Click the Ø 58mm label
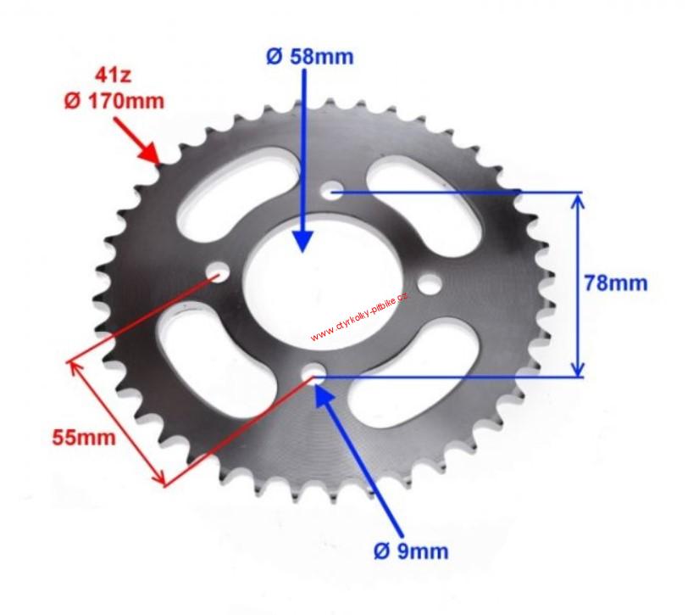coord(310,57)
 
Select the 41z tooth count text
coord(114,75)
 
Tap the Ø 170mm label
coord(114,102)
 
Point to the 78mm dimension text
coord(616,283)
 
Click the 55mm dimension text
coord(84,438)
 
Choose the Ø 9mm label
coord(411,551)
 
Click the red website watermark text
coord(359,317)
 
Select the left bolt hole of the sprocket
coord(218,271)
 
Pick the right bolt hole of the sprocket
coord(430,284)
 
